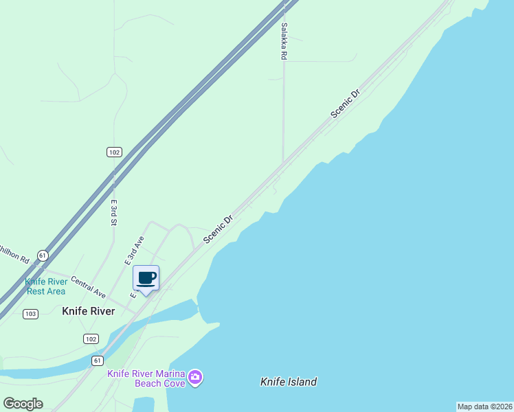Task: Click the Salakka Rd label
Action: (283, 42)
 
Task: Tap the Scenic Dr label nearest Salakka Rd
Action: (345, 104)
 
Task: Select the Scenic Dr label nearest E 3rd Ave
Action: (219, 229)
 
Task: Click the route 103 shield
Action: (30, 314)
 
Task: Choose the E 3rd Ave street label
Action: (135, 251)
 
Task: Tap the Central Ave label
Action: (88, 287)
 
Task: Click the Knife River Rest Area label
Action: (46, 286)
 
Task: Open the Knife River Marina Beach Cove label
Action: (146, 378)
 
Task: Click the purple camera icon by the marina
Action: (196, 377)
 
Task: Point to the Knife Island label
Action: (289, 382)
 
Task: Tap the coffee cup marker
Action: (146, 278)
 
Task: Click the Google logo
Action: (23, 403)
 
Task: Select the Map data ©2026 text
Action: (484, 407)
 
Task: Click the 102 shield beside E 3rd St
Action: (114, 152)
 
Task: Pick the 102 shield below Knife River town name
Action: (91, 339)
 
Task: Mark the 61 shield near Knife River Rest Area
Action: (43, 255)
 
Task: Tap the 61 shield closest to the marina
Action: (98, 360)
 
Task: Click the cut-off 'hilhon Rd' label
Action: (14, 253)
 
